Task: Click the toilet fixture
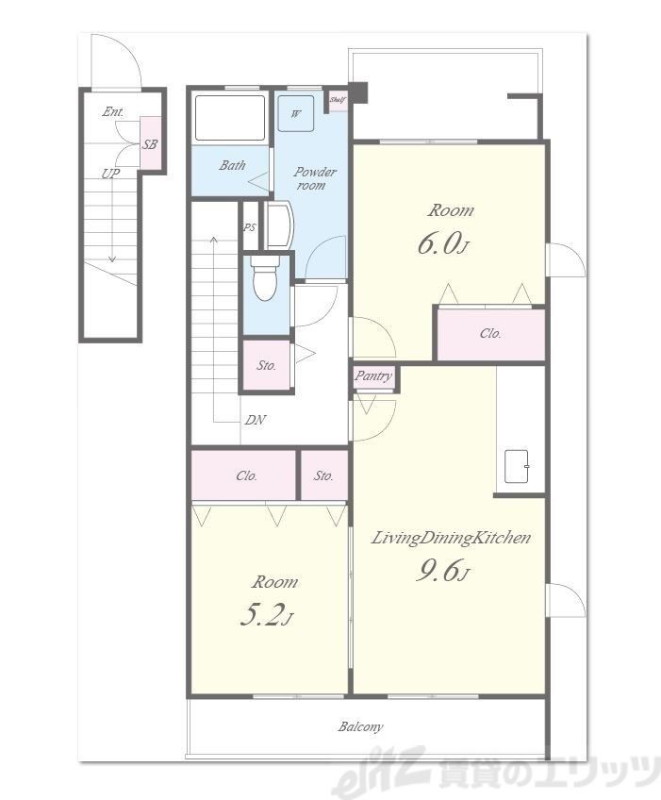[265, 278]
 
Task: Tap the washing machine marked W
[296, 113]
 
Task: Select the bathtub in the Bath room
[230, 117]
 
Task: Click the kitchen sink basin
[516, 466]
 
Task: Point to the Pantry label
[373, 376]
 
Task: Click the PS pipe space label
[249, 227]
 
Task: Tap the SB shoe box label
[149, 144]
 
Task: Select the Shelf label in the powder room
[338, 100]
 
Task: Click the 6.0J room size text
[442, 244]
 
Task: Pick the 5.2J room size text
[266, 616]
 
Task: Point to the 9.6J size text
[442, 571]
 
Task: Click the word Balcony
[360, 726]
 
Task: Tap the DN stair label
[255, 420]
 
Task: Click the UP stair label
[110, 174]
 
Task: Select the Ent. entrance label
[113, 111]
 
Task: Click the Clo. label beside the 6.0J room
[490, 334]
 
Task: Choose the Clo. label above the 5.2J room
[246, 475]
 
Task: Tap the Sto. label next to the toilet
[266, 365]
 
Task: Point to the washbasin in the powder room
[277, 225]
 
